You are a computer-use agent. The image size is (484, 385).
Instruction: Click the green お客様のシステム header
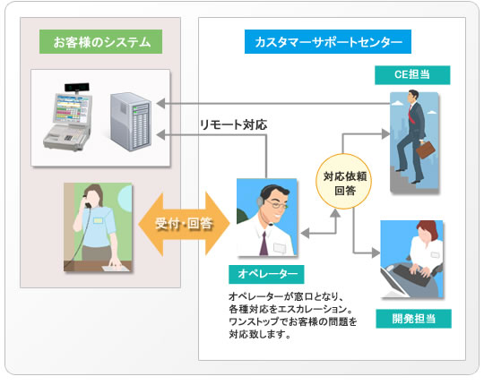pyautogui.click(x=100, y=41)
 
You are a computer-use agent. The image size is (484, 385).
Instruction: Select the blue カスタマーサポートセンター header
pyautogui.click(x=328, y=41)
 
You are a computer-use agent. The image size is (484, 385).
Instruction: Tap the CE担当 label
pyautogui.click(x=412, y=75)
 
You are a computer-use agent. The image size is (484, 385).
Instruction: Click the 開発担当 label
pyautogui.click(x=413, y=319)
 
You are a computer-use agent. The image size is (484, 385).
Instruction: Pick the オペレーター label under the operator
pyautogui.click(x=266, y=274)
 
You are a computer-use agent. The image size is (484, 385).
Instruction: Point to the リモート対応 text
pyautogui.click(x=233, y=124)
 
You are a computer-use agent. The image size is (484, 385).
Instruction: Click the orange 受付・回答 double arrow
pyautogui.click(x=184, y=224)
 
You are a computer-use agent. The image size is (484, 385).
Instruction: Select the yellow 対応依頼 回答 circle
pyautogui.click(x=343, y=181)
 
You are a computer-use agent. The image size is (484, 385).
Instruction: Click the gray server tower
pyautogui.click(x=131, y=122)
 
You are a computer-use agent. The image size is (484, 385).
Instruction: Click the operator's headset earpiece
pyautogui.click(x=261, y=201)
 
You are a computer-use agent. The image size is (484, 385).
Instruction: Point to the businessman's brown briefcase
pyautogui.click(x=425, y=150)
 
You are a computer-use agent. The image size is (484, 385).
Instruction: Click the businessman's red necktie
pyautogui.click(x=411, y=115)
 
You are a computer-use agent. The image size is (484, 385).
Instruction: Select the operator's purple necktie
pyautogui.click(x=264, y=244)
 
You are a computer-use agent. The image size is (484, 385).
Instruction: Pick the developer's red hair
pyautogui.click(x=428, y=229)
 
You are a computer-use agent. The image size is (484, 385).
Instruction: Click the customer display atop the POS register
pyautogui.click(x=77, y=88)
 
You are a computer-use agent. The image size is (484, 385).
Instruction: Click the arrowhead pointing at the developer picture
pyautogui.click(x=376, y=253)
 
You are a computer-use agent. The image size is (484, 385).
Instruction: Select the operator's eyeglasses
pyautogui.click(x=277, y=204)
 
